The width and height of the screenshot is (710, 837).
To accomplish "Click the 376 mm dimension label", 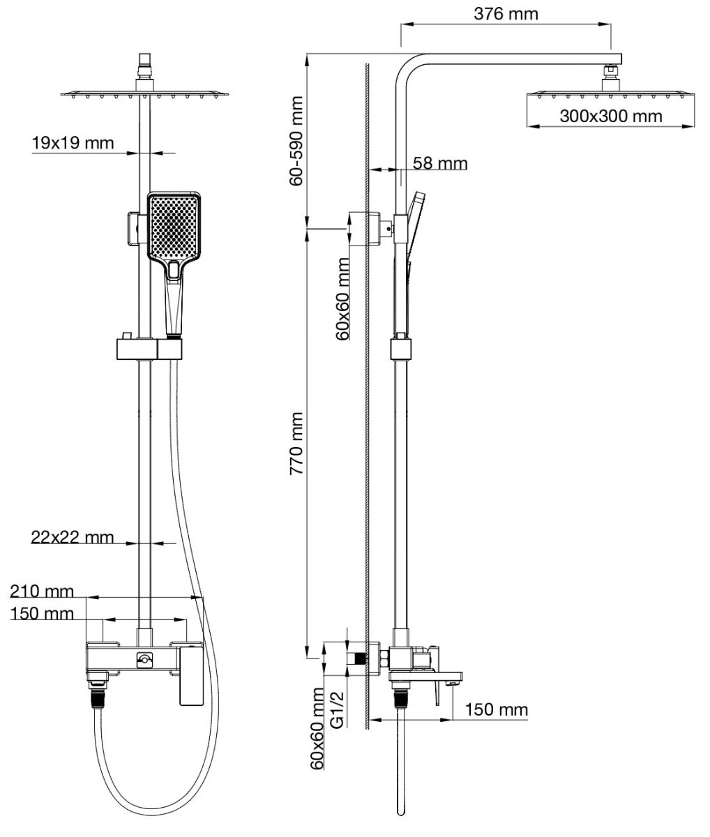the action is click(506, 14).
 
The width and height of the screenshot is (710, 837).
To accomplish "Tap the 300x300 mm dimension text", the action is click(611, 116).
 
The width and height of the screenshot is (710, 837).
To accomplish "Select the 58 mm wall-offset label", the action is click(440, 164).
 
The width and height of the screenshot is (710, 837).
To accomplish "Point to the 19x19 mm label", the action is click(73, 143).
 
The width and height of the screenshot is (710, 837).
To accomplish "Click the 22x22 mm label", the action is click(73, 537).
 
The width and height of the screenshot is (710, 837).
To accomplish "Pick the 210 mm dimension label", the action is click(42, 591).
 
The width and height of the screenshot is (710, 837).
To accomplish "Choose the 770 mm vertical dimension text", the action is click(296, 443).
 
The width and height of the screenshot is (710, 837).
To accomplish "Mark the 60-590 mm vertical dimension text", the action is click(296, 141).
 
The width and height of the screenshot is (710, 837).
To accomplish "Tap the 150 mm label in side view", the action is click(497, 710).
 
